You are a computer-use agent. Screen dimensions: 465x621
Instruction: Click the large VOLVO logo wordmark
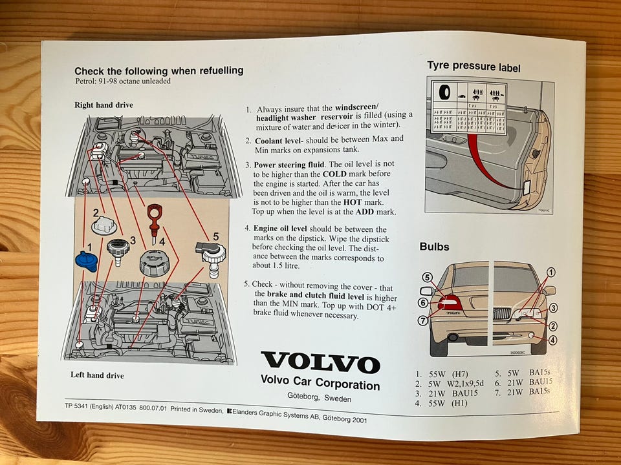[x=320, y=363]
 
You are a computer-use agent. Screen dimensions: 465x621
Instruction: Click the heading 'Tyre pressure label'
[x=474, y=67]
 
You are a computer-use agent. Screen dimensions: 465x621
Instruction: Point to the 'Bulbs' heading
[x=434, y=246]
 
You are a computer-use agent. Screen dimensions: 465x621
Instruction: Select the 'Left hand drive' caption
[x=97, y=375]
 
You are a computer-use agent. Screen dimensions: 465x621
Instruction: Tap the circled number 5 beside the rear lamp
[x=428, y=277]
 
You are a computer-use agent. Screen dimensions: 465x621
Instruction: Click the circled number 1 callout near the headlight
[x=550, y=272]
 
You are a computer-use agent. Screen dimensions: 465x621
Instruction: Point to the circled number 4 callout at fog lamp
[x=552, y=340]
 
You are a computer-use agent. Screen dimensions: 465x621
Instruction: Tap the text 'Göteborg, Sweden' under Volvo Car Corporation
[x=319, y=398]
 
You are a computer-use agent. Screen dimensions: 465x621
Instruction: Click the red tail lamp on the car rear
[x=449, y=302]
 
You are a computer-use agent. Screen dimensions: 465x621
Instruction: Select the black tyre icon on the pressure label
[x=444, y=93]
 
